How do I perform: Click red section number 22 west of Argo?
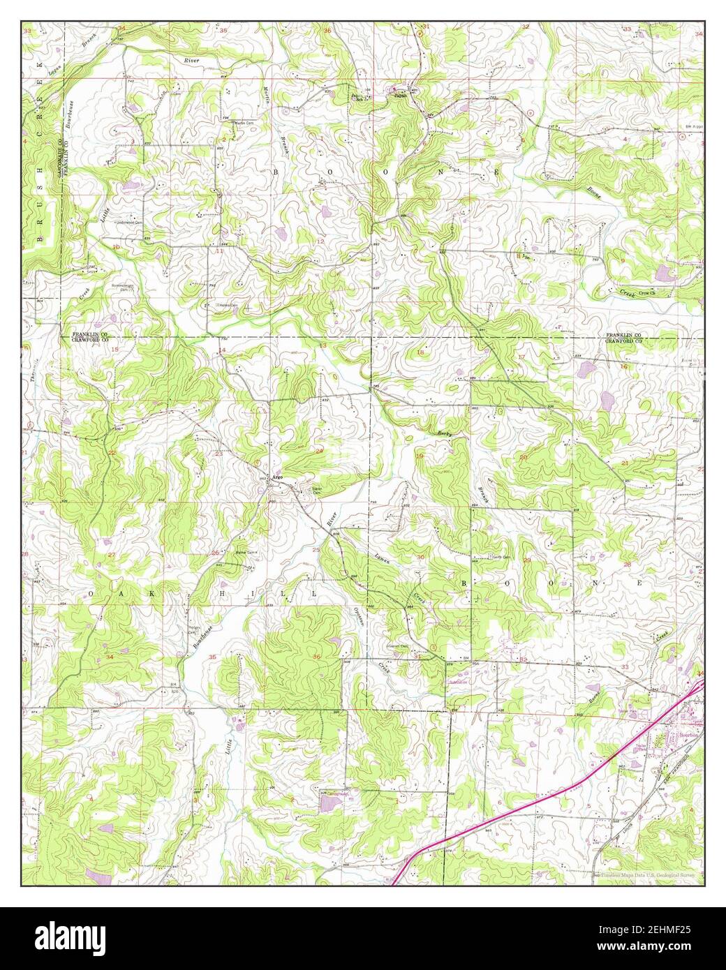112,453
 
